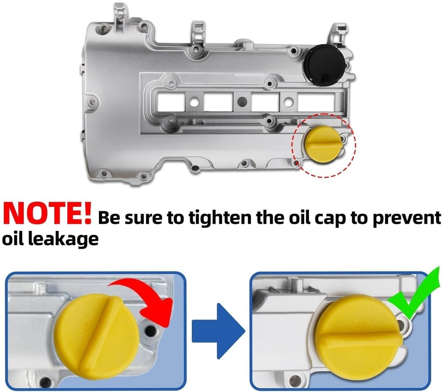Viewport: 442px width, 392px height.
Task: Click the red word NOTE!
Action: (47, 214)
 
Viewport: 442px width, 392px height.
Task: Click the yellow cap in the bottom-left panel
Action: (96, 336)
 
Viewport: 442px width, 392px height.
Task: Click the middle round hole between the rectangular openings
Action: (242, 102)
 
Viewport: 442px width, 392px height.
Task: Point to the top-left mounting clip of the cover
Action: (119, 15)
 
